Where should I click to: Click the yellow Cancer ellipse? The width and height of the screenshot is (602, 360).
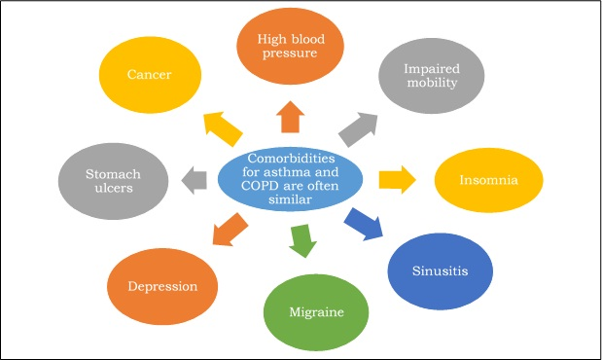pos(150,74)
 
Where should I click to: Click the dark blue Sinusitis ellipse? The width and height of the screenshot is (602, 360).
pos(435,270)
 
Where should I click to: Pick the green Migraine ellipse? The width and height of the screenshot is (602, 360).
pos(316,311)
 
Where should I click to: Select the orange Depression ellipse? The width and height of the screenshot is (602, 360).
pos(162,286)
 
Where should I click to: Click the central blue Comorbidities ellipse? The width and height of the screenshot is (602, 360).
pos(290,178)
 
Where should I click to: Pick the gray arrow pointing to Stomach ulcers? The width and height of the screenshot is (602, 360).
pos(194,178)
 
